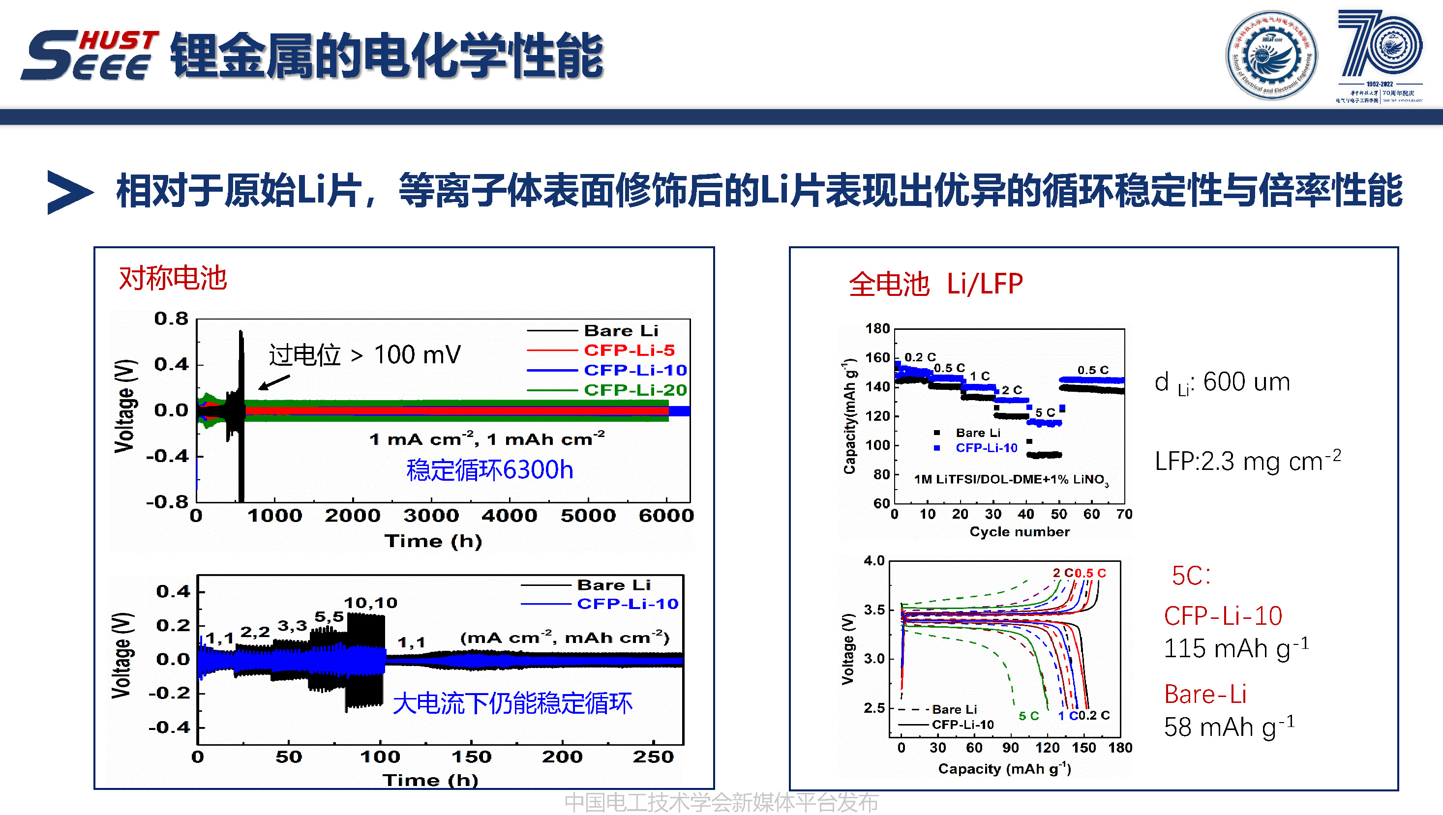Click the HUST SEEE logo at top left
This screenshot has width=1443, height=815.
click(90, 55)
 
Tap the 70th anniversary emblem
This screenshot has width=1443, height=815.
click(1379, 55)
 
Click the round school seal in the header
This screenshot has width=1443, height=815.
click(1271, 55)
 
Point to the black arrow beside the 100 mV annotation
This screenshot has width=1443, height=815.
click(274, 382)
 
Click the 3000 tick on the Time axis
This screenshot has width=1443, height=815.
click(431, 516)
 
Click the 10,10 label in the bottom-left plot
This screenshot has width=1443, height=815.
click(370, 603)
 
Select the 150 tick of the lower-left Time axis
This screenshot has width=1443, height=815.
click(471, 757)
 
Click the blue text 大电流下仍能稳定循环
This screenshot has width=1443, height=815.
click(512, 703)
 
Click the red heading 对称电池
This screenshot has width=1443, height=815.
click(173, 278)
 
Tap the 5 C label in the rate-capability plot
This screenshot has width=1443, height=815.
click(1045, 412)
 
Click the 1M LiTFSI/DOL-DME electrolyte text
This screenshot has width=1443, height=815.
click(1011, 480)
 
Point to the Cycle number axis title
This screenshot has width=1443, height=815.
click(1019, 532)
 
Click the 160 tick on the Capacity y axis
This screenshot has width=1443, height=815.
click(877, 358)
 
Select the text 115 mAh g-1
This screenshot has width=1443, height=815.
click(1236, 648)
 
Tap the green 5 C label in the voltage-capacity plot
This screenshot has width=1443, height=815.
click(1028, 716)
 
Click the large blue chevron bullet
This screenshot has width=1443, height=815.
click(69, 192)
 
